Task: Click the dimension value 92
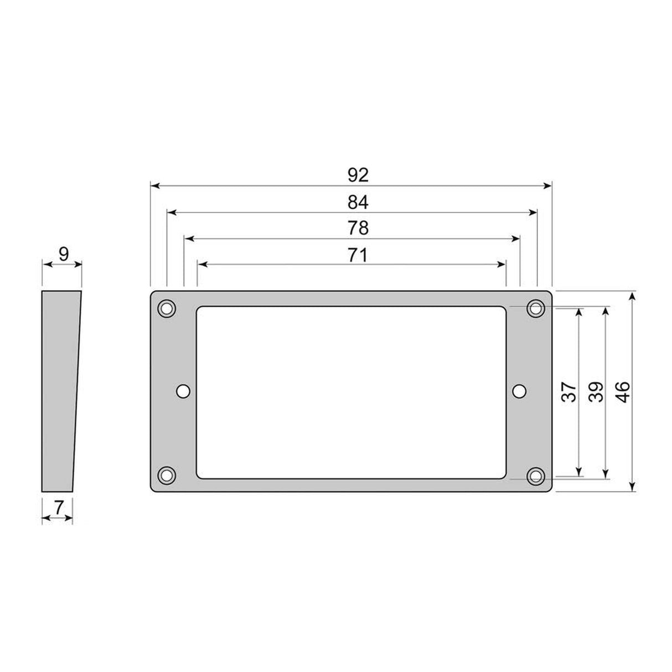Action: click(358, 175)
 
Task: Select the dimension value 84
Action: click(358, 203)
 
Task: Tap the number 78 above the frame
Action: click(358, 228)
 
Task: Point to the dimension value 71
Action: click(358, 255)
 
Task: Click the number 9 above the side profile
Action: click(64, 255)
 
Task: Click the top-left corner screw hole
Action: click(167, 308)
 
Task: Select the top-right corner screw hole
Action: click(535, 308)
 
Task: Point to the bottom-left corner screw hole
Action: click(167, 475)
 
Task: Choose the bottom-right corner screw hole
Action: click(535, 475)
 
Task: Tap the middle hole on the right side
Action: click(519, 391)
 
